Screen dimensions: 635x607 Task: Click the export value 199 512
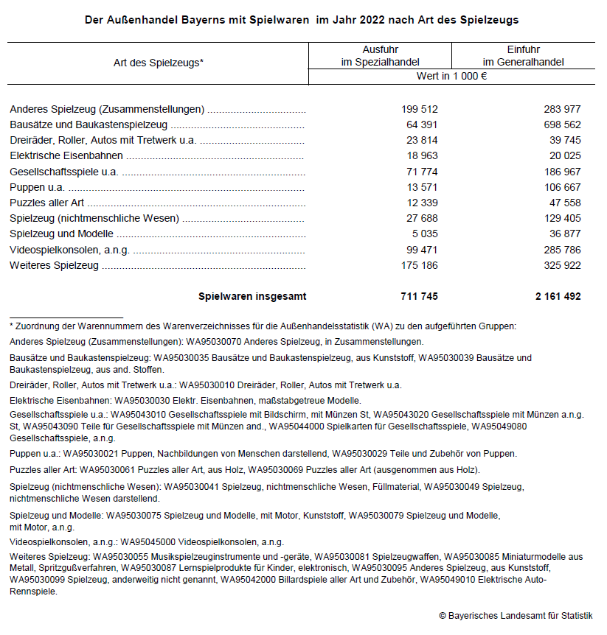(420, 110)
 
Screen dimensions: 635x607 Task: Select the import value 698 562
(558, 125)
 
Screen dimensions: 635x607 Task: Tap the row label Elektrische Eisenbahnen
(66, 156)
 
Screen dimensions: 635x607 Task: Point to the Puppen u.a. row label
(37, 187)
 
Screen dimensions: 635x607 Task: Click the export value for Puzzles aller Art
(420, 203)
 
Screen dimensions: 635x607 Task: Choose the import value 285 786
(558, 250)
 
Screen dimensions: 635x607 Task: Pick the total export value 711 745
(420, 297)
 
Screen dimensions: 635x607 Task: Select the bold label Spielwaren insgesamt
(252, 297)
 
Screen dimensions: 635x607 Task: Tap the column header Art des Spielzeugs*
(158, 63)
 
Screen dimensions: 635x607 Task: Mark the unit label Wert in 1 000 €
(451, 77)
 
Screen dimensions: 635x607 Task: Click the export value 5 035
(425, 234)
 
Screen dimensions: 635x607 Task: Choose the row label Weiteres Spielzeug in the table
(54, 265)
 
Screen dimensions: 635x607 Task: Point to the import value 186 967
(558, 172)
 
